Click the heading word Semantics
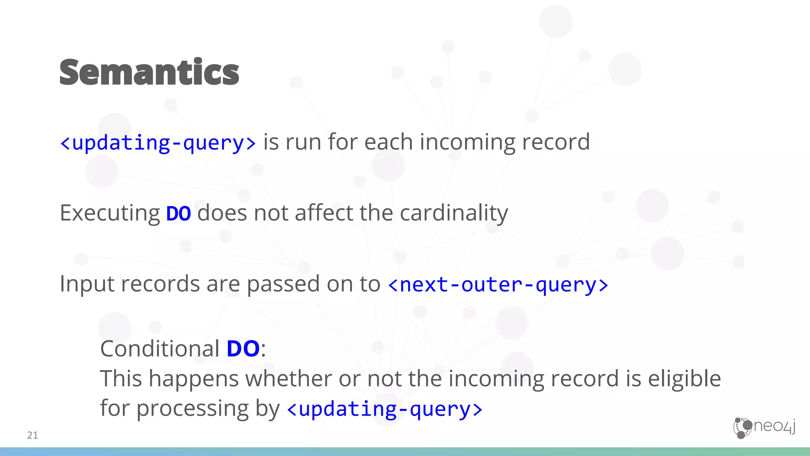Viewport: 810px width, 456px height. point(149,72)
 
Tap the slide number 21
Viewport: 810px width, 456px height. point(32,435)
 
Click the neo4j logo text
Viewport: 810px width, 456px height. point(774,426)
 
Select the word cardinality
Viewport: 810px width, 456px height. point(454,213)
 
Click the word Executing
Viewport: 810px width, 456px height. point(110,213)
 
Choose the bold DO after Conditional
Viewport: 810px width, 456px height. point(243,349)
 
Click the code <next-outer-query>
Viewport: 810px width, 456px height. point(498,285)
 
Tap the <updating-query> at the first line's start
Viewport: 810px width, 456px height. point(158,142)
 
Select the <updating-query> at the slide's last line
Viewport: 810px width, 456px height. point(384,409)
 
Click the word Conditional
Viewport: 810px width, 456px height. point(160,349)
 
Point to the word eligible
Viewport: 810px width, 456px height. point(684,378)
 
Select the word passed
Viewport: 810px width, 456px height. point(283,284)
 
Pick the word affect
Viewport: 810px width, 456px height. point(324,213)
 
